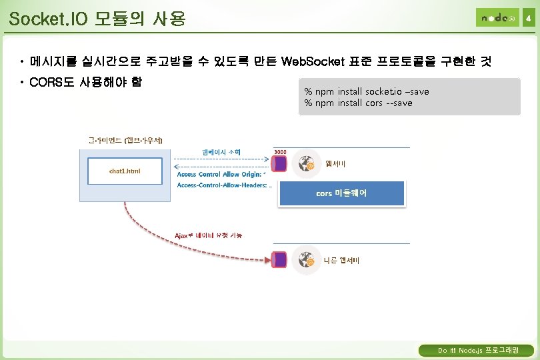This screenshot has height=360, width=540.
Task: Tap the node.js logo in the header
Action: click(497, 18)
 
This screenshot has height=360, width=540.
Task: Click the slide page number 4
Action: click(529, 19)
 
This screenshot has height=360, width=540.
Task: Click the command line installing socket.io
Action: click(367, 91)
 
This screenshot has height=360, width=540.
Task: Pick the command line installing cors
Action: click(358, 103)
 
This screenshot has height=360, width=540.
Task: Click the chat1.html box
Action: click(125, 171)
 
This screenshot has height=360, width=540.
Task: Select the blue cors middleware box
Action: click(341, 193)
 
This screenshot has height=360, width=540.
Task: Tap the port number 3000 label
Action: click(280, 151)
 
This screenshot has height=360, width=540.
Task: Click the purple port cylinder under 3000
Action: click(280, 163)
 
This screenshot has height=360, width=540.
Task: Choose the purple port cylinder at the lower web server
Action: click(280, 259)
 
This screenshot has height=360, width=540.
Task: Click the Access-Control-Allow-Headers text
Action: click(224, 185)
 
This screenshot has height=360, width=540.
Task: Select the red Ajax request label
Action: click(208, 235)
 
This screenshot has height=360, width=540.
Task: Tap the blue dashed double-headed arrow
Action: click(220, 160)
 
